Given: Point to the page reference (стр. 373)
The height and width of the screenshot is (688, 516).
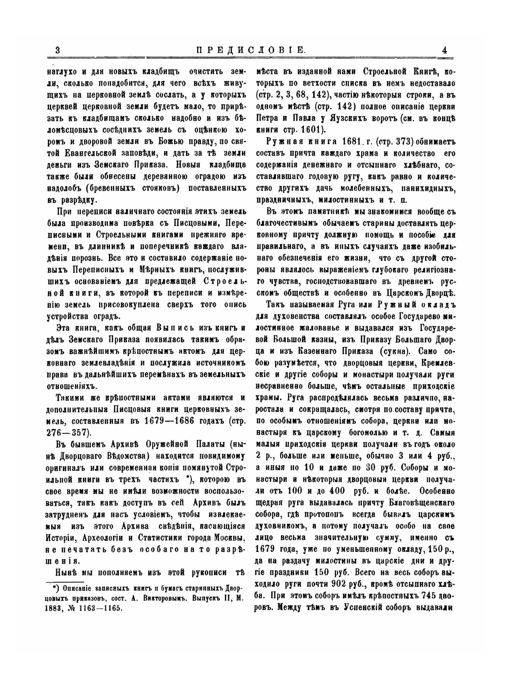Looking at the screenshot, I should [394, 141].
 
